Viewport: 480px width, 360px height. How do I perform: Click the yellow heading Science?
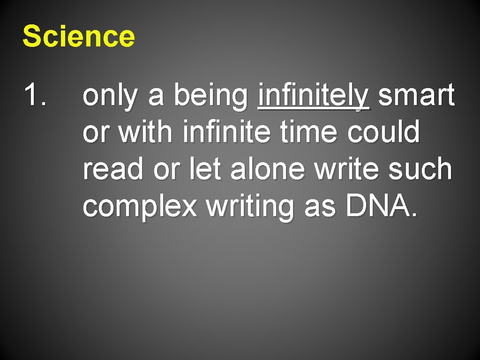(79, 37)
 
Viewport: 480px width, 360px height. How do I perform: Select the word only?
(112, 97)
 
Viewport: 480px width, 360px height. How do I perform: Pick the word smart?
(416, 96)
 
